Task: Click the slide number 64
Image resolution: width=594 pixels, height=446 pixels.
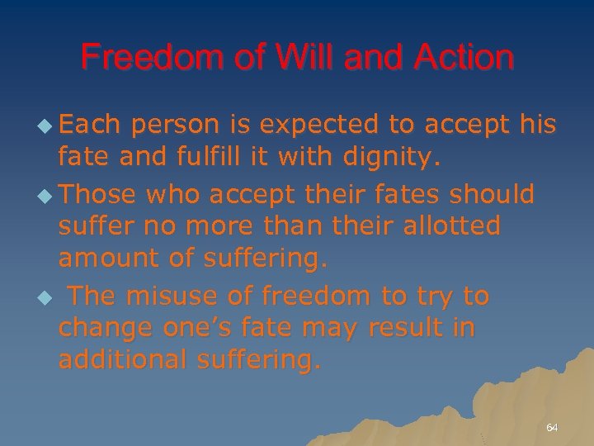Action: point(552,428)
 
